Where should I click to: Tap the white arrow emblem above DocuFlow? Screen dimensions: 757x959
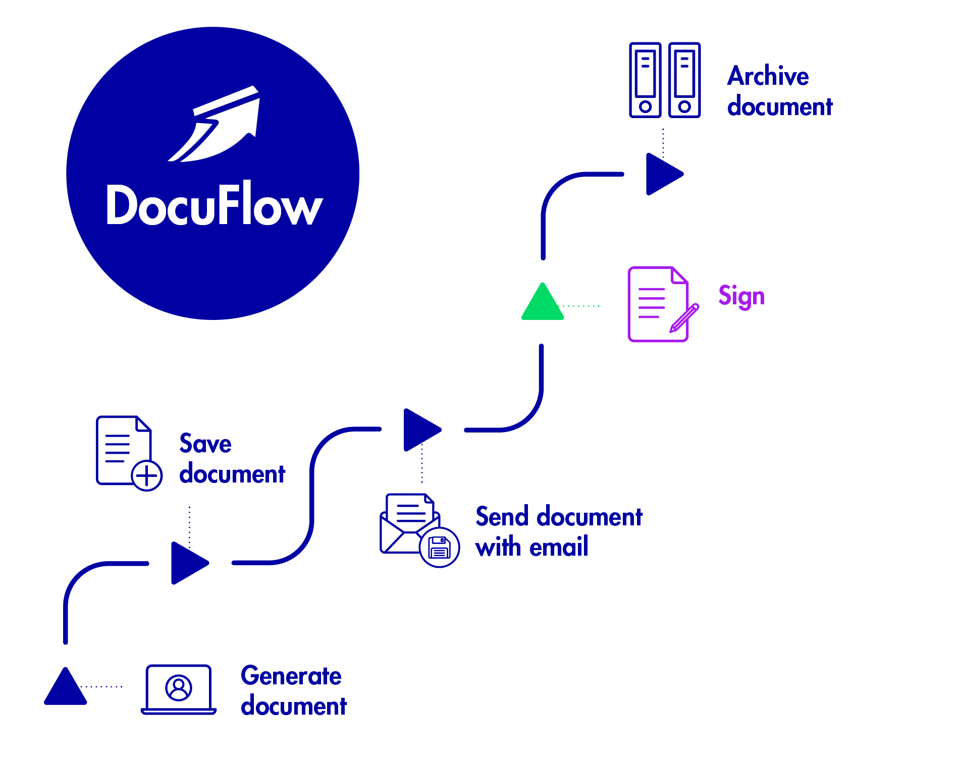tap(217, 126)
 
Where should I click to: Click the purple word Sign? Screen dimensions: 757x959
tap(741, 296)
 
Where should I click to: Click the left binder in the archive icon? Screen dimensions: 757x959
tap(645, 80)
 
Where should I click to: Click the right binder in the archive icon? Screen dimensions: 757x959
tap(684, 80)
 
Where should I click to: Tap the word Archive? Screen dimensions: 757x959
tap(768, 76)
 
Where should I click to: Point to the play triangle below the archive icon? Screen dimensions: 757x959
tap(662, 174)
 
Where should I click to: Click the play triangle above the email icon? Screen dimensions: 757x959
tap(419, 430)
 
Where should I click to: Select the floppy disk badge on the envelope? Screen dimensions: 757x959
tap(439, 548)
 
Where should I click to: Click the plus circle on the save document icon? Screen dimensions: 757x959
tap(146, 475)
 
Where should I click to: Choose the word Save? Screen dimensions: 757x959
tap(205, 444)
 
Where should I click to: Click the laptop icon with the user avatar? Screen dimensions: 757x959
tap(179, 689)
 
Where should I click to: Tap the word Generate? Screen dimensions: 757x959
tap(291, 676)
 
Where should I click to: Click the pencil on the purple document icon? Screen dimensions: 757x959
tap(684, 318)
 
